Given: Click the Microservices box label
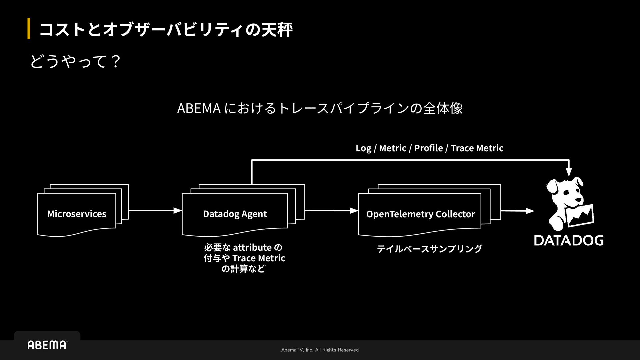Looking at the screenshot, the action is tap(77, 214).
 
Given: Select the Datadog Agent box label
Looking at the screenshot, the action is tap(235, 214).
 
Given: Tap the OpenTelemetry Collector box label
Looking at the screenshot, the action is tap(420, 214).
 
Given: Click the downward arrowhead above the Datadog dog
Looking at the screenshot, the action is tap(569, 172).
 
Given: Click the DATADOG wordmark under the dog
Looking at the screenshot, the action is tap(569, 240).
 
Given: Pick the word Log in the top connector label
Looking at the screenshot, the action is tap(363, 148).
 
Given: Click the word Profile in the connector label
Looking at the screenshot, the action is tap(428, 148).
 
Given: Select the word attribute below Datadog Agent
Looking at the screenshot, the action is tap(252, 247).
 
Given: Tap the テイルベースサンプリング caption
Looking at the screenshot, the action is tap(429, 249).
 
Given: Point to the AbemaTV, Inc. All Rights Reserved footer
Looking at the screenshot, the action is tap(320, 350).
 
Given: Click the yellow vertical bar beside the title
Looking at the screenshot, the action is tap(29, 29).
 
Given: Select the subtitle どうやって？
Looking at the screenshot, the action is tap(75, 62).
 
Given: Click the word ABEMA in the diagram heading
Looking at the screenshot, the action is tap(199, 108).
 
